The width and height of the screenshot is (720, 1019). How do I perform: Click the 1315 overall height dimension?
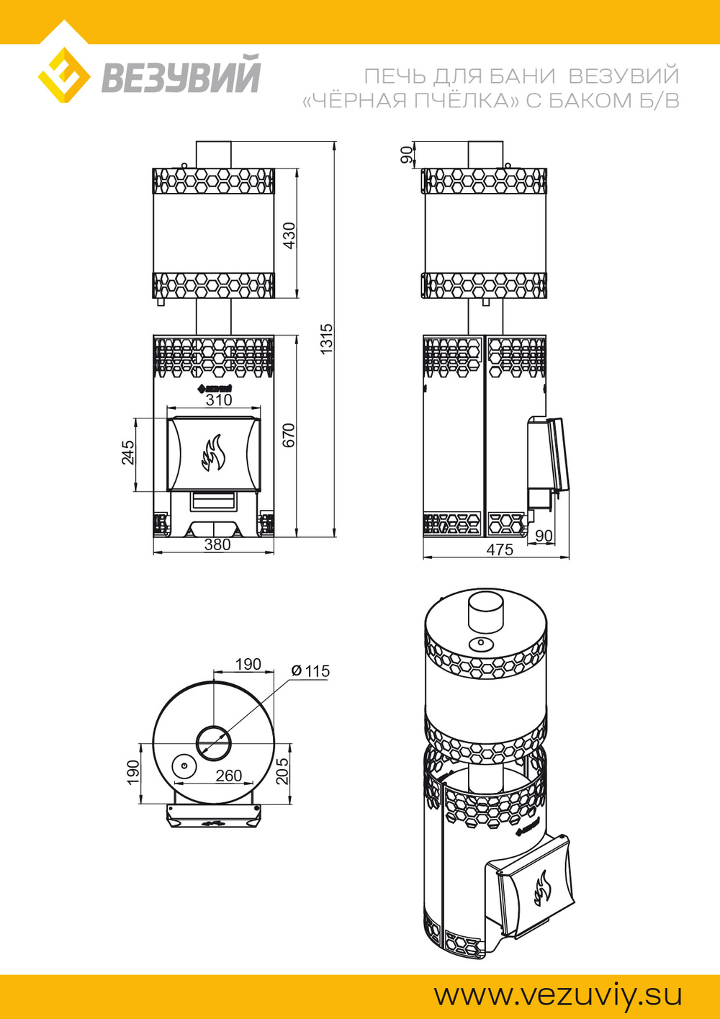tap(327, 339)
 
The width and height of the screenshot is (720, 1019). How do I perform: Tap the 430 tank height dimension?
tap(289, 235)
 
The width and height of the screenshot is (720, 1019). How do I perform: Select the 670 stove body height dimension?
tap(289, 436)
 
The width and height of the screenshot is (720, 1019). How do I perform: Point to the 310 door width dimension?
tap(219, 400)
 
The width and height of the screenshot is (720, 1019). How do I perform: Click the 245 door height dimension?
tap(128, 452)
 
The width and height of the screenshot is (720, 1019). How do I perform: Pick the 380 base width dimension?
tap(217, 544)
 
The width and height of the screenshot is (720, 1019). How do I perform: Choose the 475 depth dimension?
tap(500, 549)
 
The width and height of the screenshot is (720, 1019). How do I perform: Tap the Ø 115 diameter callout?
tap(310, 670)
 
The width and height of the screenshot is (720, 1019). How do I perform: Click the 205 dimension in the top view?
tap(282, 771)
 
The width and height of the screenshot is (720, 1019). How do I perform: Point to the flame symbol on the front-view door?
tap(213, 453)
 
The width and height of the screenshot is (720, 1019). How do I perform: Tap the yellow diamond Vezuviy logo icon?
tap(63, 75)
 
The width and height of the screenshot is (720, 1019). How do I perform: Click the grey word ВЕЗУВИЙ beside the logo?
tap(180, 73)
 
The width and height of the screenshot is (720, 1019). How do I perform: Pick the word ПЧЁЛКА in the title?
tap(467, 101)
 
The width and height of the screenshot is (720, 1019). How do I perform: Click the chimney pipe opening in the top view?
tap(213, 742)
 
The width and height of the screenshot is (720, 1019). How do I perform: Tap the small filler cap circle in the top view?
tap(184, 766)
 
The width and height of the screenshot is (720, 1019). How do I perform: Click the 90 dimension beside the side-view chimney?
tap(407, 155)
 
